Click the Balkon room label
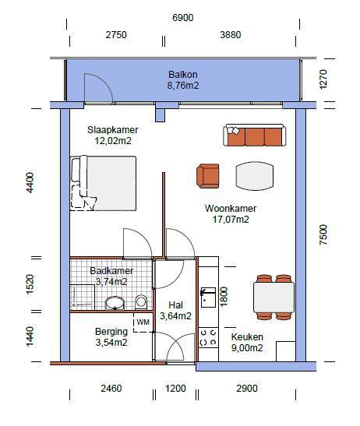click(183, 75)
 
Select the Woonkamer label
click(231, 209)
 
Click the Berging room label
click(112, 331)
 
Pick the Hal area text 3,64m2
click(175, 316)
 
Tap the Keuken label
click(247, 336)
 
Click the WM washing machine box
click(143, 321)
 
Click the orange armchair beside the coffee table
click(209, 176)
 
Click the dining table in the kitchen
click(274, 297)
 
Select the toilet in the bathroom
click(141, 301)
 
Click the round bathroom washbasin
click(115, 302)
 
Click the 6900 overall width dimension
click(183, 17)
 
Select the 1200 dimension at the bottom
click(176, 388)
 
